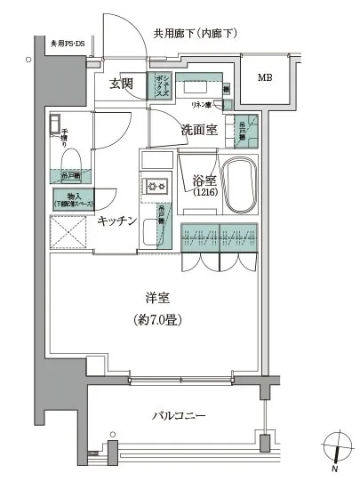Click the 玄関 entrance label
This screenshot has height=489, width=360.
pyautogui.click(x=122, y=84)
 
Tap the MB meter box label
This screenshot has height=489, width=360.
pyautogui.click(x=266, y=78)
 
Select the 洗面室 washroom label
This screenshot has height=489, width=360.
pyautogui.click(x=199, y=130)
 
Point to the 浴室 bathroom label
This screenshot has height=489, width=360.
pyautogui.click(x=204, y=181)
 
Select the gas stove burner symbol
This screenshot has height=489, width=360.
pyautogui.click(x=156, y=187)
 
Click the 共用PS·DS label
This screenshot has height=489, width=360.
pyautogui.click(x=68, y=42)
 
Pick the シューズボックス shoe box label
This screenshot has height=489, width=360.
pyautogui.click(x=164, y=86)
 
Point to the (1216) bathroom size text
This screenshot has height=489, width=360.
pyautogui.click(x=204, y=196)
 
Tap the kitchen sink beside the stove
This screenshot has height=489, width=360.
pyautogui.click(x=157, y=163)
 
